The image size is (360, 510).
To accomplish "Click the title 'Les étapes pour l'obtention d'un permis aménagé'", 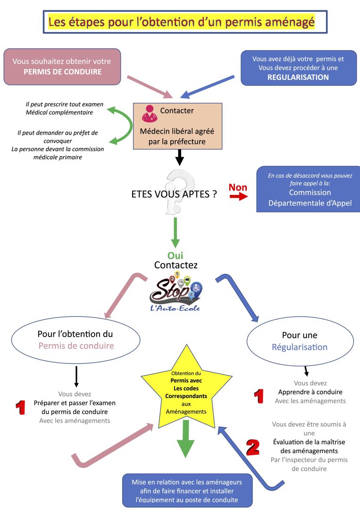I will (181, 22).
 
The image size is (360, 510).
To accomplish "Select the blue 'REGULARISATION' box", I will (298, 68).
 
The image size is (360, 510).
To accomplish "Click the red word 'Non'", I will (238, 187).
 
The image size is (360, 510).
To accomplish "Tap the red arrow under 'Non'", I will (239, 196).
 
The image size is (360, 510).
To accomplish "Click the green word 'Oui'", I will (176, 255).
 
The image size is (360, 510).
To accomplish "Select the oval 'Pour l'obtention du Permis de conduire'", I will (75, 340).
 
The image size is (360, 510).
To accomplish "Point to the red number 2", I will (253, 447).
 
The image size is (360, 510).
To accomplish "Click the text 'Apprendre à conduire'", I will (310, 392).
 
